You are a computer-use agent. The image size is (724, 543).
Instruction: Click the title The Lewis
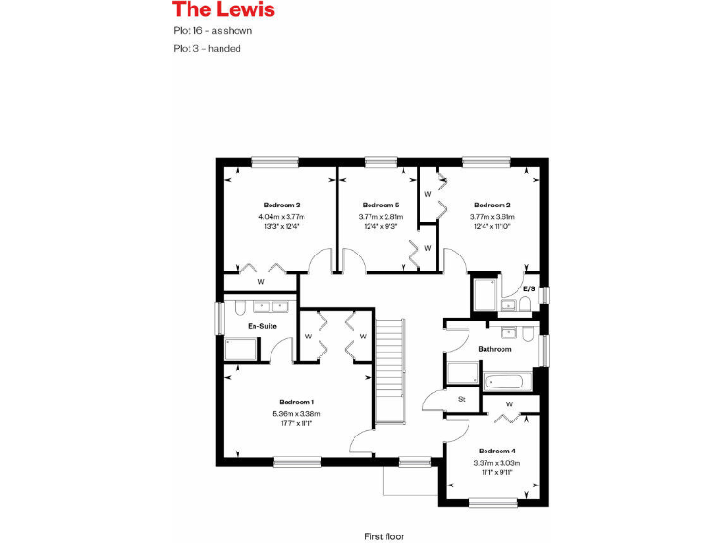tap(223, 10)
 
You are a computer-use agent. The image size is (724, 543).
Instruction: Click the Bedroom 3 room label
tap(282, 206)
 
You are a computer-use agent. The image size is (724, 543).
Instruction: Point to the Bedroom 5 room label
tap(381, 206)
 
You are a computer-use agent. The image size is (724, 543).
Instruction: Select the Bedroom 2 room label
tap(492, 206)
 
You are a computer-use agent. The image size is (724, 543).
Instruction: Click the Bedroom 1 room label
tap(297, 403)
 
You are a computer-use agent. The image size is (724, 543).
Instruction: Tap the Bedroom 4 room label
tap(497, 451)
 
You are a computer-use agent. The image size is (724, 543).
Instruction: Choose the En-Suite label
tap(262, 326)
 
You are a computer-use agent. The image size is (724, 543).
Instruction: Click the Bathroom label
tap(494, 349)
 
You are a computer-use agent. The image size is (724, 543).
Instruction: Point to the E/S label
tap(529, 288)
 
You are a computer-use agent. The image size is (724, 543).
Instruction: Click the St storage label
tap(462, 400)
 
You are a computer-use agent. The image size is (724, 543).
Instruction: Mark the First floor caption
tap(384, 535)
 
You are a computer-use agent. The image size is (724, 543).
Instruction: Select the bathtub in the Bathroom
tap(507, 382)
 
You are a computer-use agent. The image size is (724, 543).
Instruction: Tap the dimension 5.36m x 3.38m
tap(297, 413)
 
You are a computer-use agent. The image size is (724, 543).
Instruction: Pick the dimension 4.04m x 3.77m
tap(282, 216)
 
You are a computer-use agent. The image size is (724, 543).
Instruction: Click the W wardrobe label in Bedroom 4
tap(509, 404)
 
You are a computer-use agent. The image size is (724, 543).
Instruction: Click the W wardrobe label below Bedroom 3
tap(261, 282)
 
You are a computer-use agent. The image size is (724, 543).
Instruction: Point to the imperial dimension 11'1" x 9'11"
tap(497, 471)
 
